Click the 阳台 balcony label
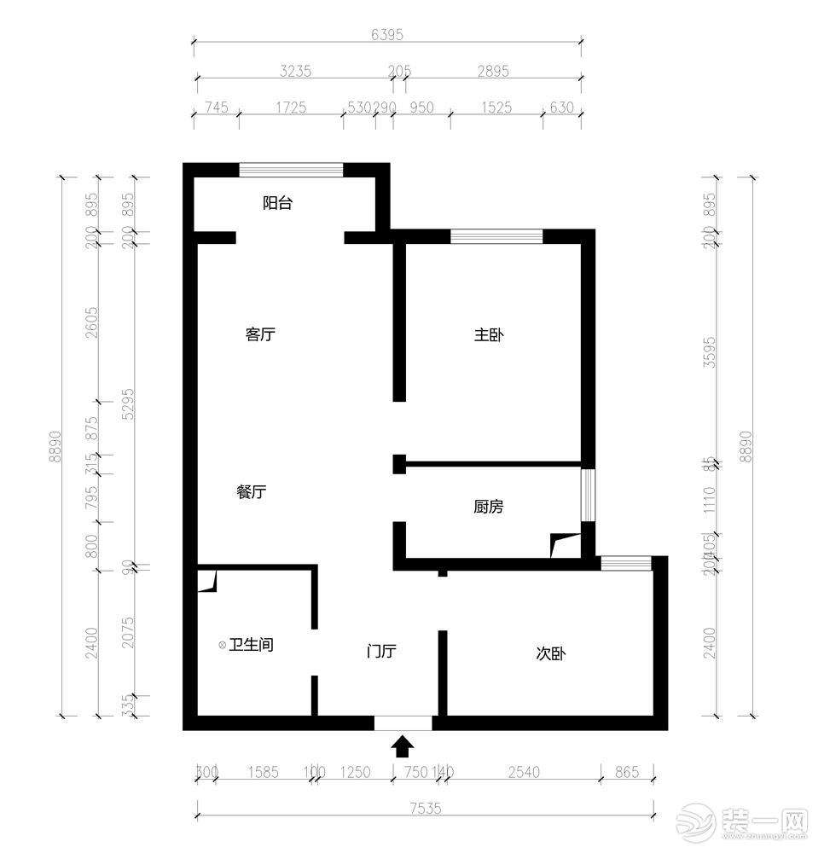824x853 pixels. click(x=277, y=203)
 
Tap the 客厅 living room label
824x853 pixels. click(x=260, y=334)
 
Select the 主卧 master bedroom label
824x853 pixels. click(x=489, y=334)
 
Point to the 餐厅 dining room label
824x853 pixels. click(x=252, y=491)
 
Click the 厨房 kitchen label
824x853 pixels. click(x=489, y=507)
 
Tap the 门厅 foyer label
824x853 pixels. click(x=381, y=652)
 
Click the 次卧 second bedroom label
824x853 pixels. click(x=551, y=653)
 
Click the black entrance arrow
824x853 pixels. click(x=403, y=747)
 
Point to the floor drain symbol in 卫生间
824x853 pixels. click(x=223, y=645)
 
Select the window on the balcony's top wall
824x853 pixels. click(x=291, y=169)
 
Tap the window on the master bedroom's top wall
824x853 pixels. click(x=496, y=236)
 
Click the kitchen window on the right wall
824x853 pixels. click(x=588, y=494)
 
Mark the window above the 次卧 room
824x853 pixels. click(x=626, y=563)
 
